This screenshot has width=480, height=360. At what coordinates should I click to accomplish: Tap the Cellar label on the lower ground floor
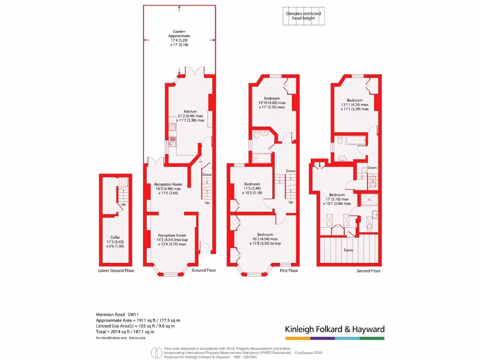tap(115, 237)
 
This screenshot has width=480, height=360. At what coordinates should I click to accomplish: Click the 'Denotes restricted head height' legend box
tap(304, 16)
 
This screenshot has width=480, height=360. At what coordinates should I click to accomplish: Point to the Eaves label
tap(348, 250)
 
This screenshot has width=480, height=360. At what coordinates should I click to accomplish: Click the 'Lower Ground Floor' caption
tap(116, 270)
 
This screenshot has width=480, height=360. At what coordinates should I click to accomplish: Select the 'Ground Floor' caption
tap(204, 270)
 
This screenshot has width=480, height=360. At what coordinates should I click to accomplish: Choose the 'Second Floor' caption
tap(368, 270)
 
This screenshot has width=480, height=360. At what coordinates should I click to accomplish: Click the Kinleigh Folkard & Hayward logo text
tap(335, 329)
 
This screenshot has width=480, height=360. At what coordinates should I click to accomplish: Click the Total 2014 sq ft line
tap(125, 331)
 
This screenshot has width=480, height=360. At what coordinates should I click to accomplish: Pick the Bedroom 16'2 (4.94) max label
tap(265, 234)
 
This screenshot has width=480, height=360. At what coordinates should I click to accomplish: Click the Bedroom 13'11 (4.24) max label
tap(355, 100)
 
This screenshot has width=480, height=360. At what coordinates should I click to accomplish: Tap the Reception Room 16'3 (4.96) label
tap(171, 185)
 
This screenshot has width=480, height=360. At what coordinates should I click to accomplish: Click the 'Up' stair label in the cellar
tap(124, 204)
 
